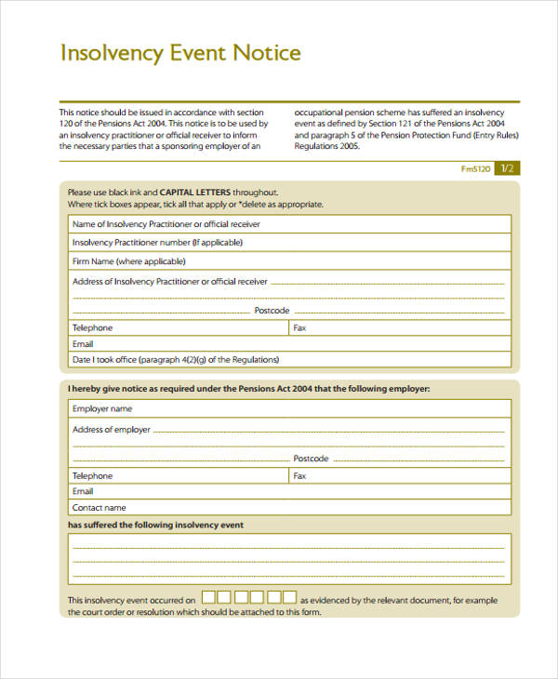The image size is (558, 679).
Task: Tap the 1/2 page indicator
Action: [x=507, y=168]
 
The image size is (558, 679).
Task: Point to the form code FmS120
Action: [x=475, y=169]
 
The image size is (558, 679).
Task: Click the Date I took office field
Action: [x=391, y=360]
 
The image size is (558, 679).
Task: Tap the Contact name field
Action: [x=316, y=508]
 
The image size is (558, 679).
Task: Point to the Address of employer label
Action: [x=112, y=430]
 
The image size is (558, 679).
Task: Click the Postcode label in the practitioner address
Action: [x=272, y=310]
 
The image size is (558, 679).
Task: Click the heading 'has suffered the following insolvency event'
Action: [x=155, y=526]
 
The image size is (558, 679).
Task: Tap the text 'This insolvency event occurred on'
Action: [x=132, y=601]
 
